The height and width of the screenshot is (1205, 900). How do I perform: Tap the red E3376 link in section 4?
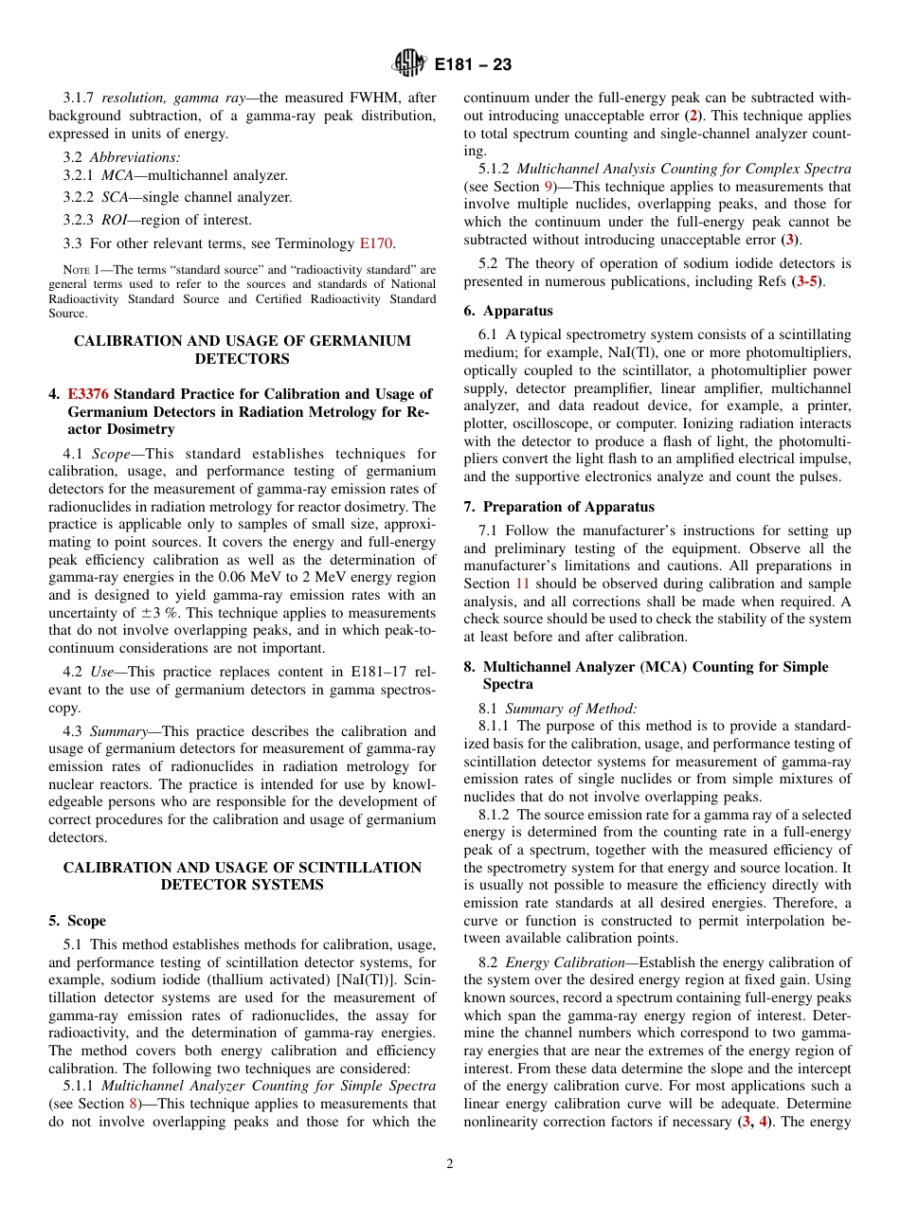88,394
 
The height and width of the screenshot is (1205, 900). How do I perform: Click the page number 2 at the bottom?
450,1164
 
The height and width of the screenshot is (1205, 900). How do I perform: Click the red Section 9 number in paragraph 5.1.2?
549,187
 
